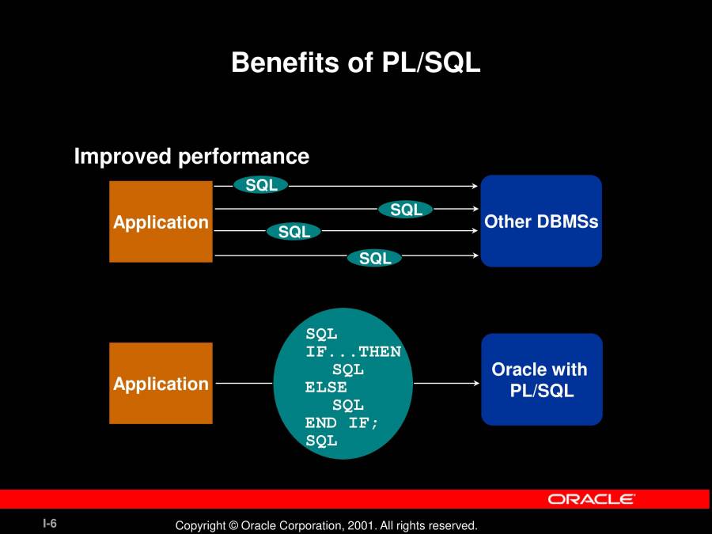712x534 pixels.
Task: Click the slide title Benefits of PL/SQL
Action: tap(355, 62)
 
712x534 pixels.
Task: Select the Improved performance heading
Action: tap(191, 157)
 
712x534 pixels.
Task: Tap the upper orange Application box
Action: tap(161, 222)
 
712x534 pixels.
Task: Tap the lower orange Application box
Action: tap(161, 383)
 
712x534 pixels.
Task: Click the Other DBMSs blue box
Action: tap(541, 221)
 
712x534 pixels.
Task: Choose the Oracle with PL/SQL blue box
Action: tap(542, 380)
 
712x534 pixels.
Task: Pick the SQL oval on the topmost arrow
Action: tap(261, 185)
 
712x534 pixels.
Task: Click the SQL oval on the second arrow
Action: tap(406, 210)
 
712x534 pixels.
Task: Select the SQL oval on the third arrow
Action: tap(294, 232)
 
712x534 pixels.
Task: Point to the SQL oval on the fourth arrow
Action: tap(375, 258)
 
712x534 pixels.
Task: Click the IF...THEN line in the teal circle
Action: tap(354, 351)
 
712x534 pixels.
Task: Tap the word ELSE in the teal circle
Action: tap(326, 388)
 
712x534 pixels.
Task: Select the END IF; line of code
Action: tap(342, 423)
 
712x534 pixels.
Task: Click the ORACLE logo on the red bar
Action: tap(591, 499)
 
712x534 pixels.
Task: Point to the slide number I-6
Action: tap(50, 524)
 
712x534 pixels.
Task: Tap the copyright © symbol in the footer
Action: tap(233, 526)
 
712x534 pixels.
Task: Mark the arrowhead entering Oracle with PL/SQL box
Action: tap(476, 383)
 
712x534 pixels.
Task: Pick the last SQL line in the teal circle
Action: tap(321, 441)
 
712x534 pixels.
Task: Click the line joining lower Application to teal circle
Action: tap(244, 383)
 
